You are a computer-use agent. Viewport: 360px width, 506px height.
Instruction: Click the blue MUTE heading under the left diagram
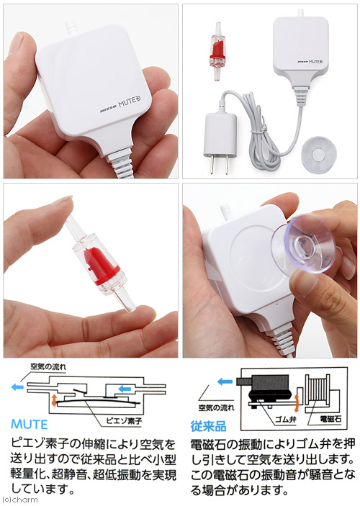point(30,425)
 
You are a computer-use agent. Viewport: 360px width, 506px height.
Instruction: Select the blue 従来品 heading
point(208,426)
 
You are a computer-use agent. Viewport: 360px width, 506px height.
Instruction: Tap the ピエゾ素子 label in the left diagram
point(124,420)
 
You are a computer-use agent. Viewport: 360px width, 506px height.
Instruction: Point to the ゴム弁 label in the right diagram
point(285,419)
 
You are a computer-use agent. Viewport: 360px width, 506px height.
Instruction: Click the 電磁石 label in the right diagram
point(330,419)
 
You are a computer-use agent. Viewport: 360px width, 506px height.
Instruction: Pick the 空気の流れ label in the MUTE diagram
point(48,366)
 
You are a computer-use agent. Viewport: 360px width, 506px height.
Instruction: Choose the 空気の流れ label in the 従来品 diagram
point(216,407)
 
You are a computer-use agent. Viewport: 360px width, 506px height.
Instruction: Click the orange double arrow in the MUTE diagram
point(54,399)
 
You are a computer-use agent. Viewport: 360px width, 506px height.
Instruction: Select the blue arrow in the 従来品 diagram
point(225,381)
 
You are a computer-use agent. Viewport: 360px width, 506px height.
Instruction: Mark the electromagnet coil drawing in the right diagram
point(318,390)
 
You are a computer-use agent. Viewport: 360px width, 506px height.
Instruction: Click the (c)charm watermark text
point(19,500)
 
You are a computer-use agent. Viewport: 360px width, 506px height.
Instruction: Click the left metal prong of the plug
point(211,165)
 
